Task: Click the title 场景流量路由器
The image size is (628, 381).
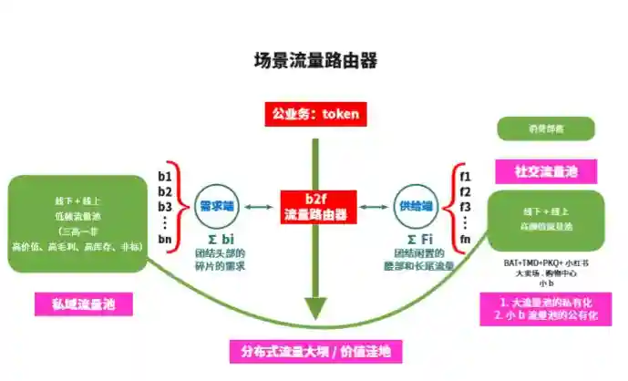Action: click(x=314, y=61)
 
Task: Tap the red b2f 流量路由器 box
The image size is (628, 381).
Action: click(x=314, y=207)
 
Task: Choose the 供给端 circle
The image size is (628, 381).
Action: click(x=414, y=207)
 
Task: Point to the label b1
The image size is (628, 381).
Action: click(x=165, y=175)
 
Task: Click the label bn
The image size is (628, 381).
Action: click(x=165, y=239)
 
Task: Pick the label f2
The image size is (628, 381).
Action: click(x=465, y=191)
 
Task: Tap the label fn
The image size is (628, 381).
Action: click(x=465, y=239)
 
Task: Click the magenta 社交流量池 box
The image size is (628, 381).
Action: click(x=543, y=170)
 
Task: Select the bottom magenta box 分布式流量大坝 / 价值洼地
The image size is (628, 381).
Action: click(x=315, y=352)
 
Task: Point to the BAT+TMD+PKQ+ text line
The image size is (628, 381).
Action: click(x=544, y=263)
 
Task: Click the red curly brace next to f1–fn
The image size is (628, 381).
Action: click(x=452, y=207)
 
